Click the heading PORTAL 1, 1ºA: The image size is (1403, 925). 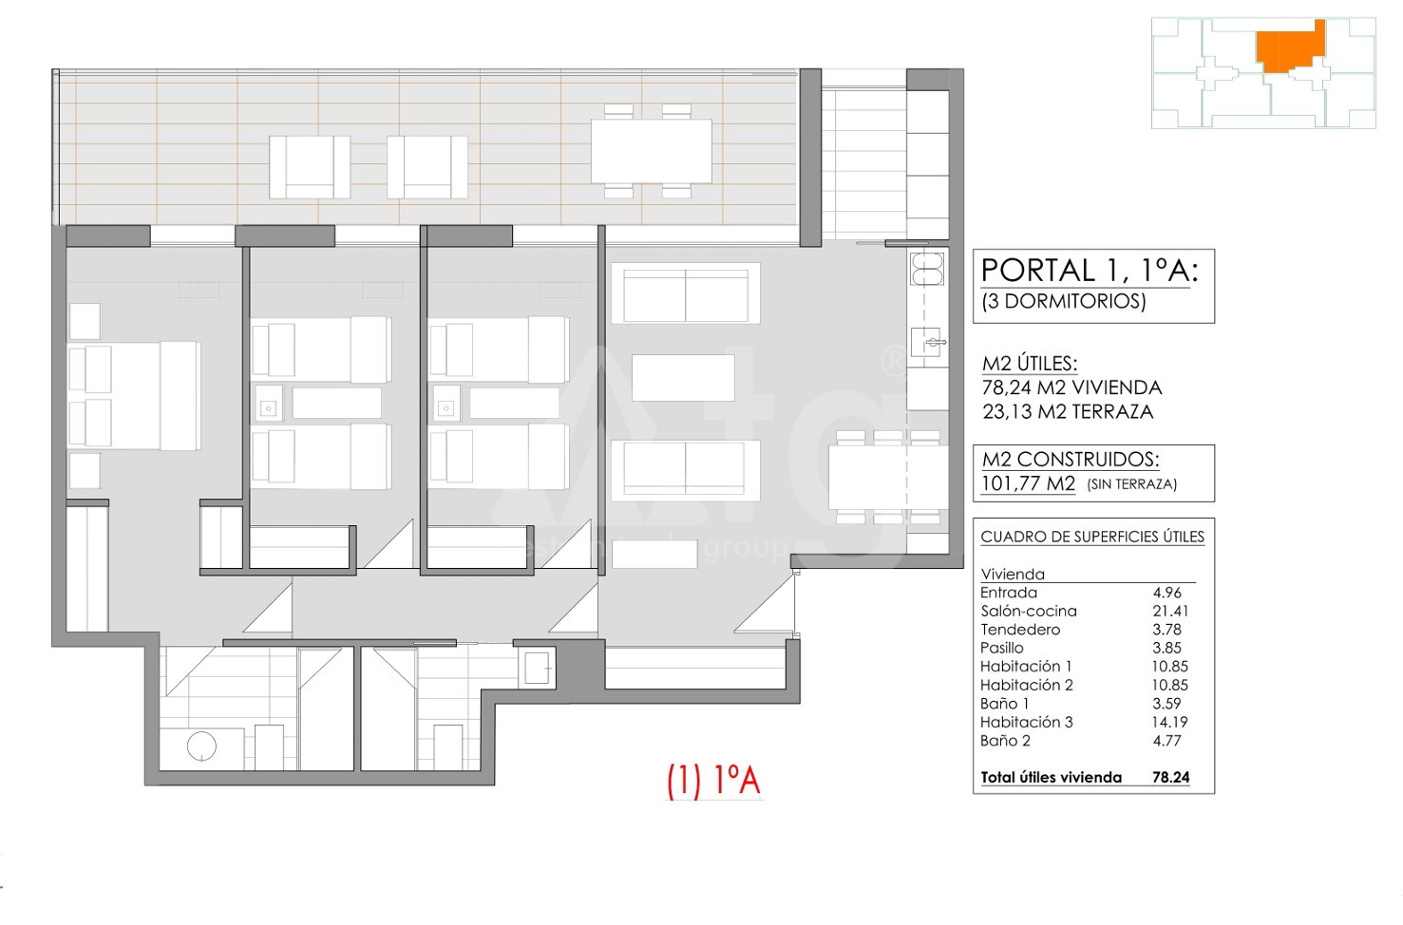[1090, 272]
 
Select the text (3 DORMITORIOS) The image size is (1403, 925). [1064, 302]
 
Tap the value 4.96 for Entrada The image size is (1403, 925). [1166, 593]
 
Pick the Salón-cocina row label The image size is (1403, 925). [1029, 612]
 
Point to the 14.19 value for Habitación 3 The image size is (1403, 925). [1169, 722]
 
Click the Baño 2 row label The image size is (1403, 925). [1005, 741]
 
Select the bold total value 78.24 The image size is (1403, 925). [1170, 777]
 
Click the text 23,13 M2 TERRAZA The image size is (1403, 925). [1068, 411]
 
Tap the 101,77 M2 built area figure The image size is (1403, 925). [1029, 483]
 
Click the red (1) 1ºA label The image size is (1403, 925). [713, 781]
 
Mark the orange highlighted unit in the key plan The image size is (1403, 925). [1290, 45]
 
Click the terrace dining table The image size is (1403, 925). [652, 151]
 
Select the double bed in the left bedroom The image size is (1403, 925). [134, 395]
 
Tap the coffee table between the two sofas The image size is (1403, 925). [683, 378]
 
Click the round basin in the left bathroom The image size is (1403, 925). [201, 746]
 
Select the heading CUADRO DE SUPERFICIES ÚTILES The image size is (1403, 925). [1092, 538]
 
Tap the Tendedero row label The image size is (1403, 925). [1020, 630]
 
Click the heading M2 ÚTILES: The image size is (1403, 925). [1030, 364]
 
